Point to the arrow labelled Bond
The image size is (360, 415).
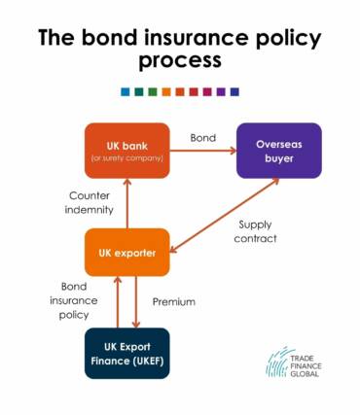[203, 151]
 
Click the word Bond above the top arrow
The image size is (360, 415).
[202, 137]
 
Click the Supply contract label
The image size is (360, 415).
[257, 230]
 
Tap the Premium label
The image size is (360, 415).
[174, 301]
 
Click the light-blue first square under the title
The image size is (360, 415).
[125, 92]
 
